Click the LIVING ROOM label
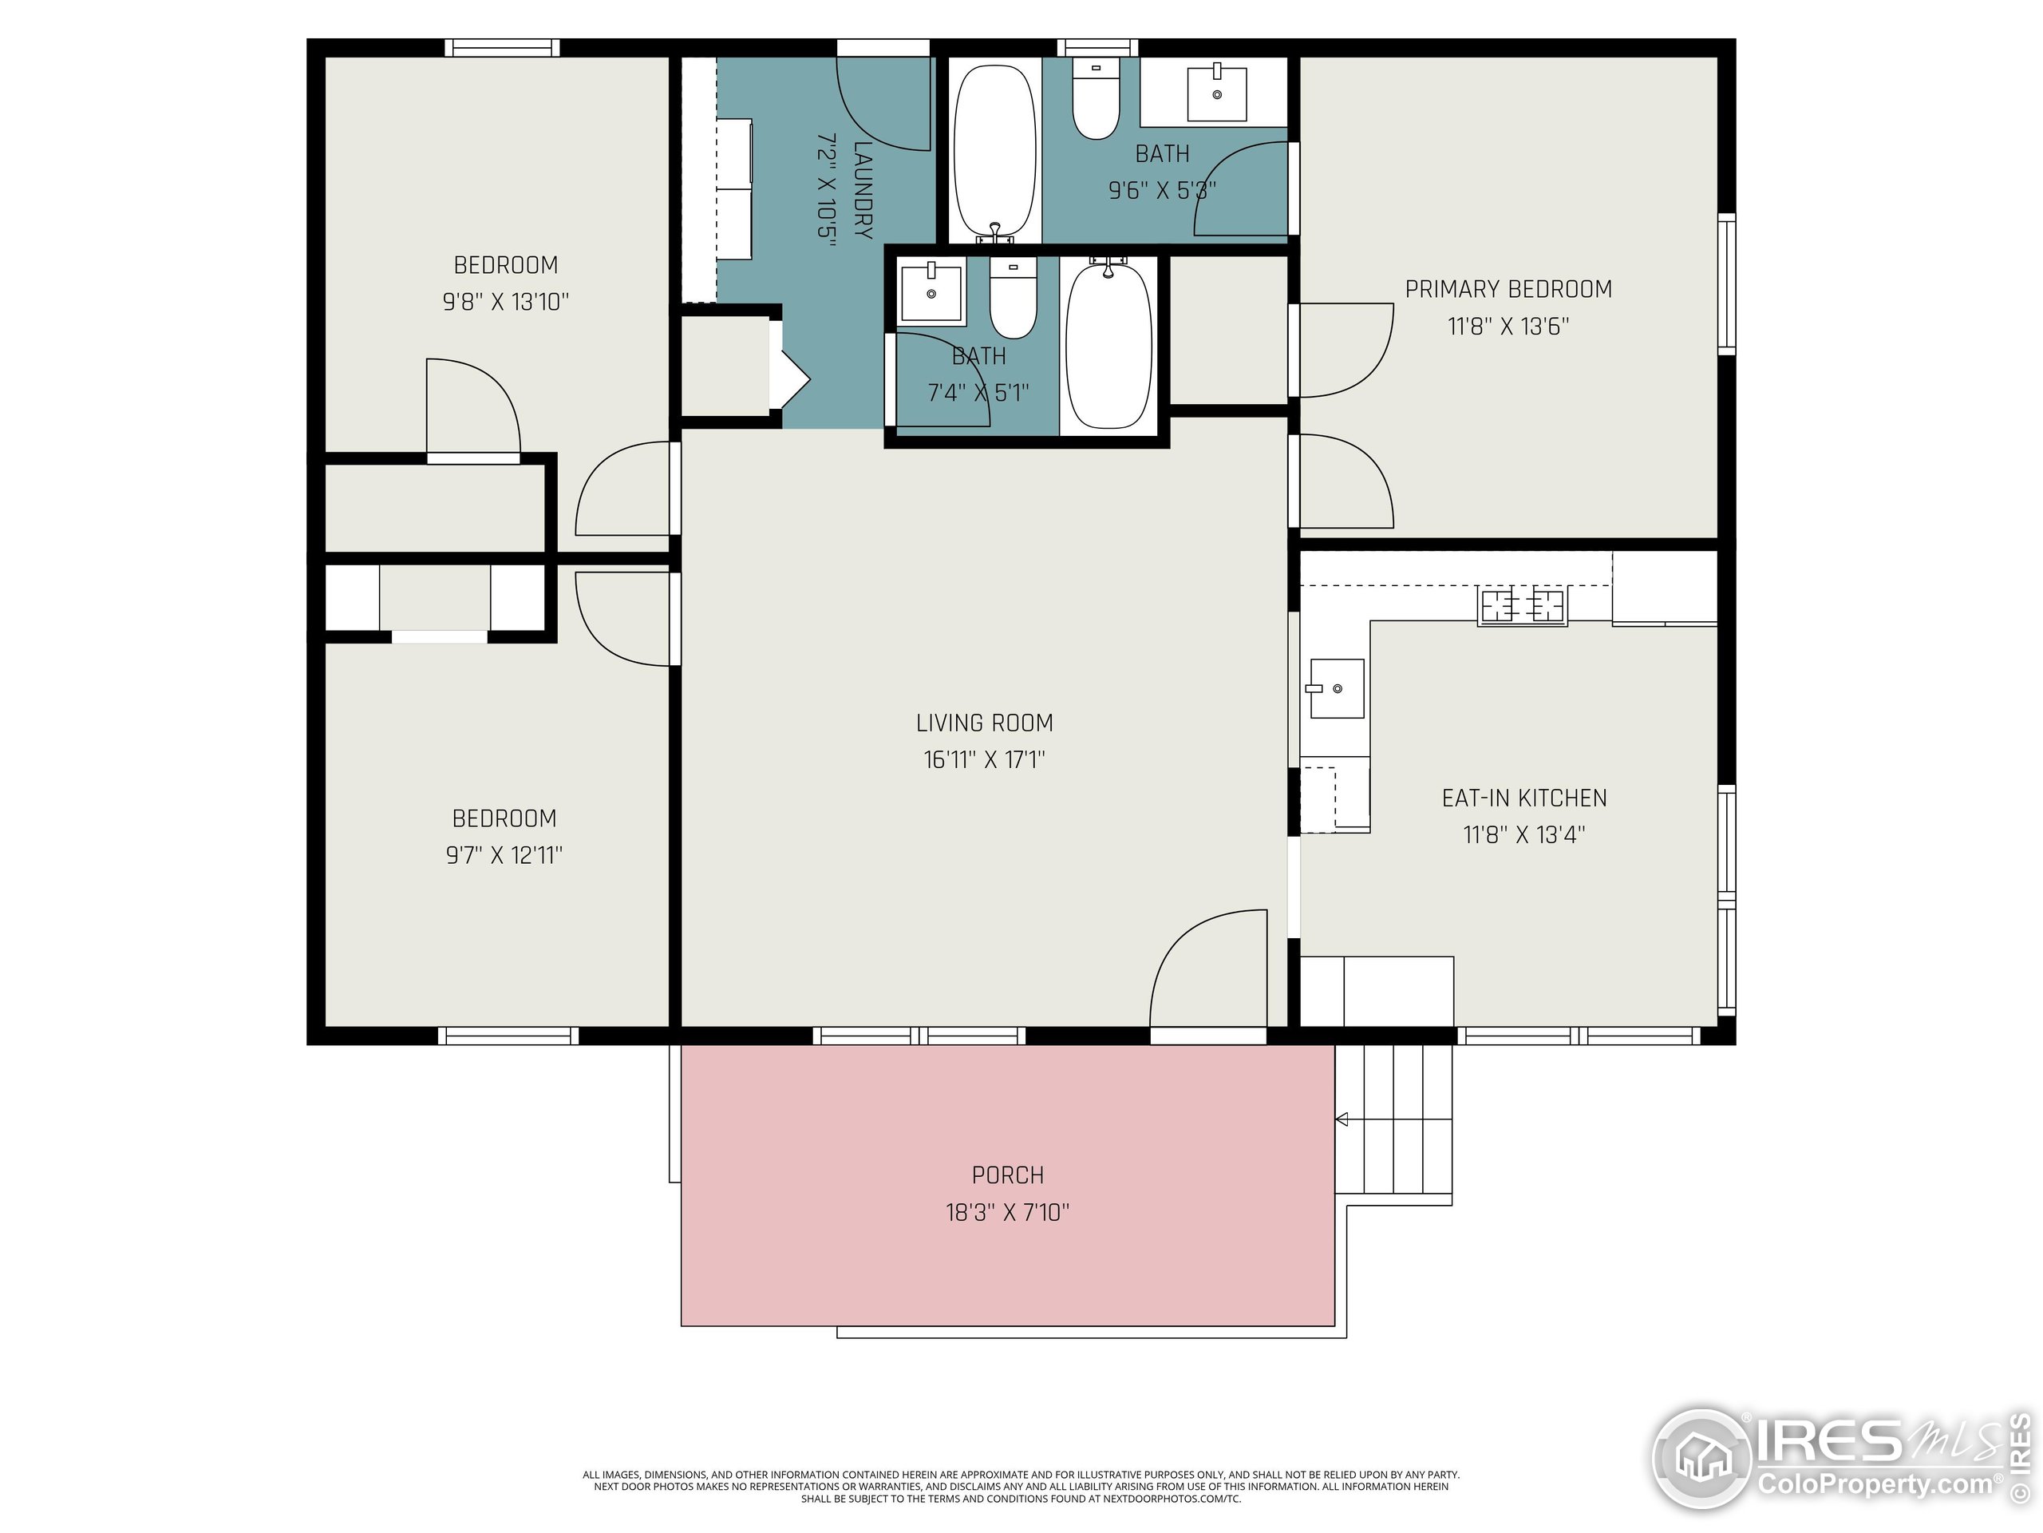(984, 723)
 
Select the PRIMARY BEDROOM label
(1508, 289)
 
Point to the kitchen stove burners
(1522, 605)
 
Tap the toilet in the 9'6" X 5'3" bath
(1097, 100)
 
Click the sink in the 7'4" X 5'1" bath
(931, 293)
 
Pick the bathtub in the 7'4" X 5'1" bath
(1108, 345)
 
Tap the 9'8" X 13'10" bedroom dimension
(505, 302)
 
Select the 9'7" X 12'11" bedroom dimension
(504, 855)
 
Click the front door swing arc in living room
(1201, 961)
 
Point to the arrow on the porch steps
(1342, 1119)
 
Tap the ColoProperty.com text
(1875, 1485)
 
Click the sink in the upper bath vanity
(1216, 93)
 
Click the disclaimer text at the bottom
(1021, 1487)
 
